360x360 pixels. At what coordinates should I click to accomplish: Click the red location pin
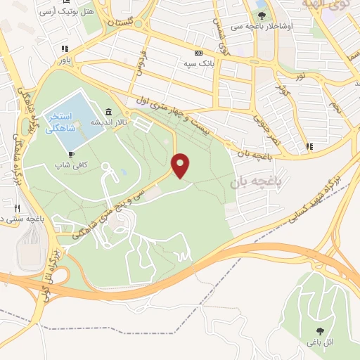[181, 165]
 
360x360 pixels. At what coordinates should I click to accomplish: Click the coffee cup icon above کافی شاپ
[70, 154]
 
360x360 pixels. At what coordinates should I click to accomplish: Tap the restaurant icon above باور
[65, 49]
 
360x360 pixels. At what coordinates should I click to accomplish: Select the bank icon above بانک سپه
[199, 53]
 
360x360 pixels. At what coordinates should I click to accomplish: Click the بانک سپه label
[199, 63]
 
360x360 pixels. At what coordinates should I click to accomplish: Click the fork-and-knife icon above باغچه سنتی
[17, 207]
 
